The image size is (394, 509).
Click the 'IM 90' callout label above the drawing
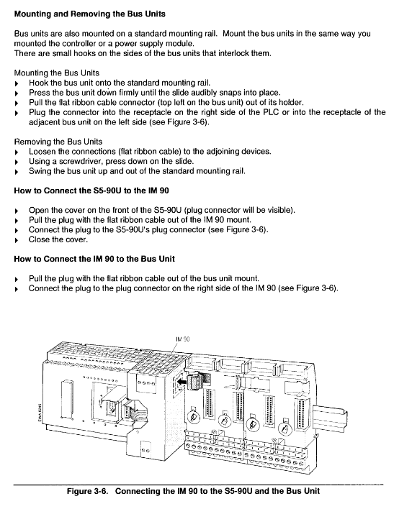tap(183, 339)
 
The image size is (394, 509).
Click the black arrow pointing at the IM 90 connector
tap(183, 382)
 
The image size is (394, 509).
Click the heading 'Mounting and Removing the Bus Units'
tap(89, 14)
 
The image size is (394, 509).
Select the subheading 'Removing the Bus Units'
tap(58, 142)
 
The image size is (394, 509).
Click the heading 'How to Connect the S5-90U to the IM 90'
tap(91, 191)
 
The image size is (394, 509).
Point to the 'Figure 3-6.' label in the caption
tap(87, 491)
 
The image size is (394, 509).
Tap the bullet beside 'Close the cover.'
tap(17, 241)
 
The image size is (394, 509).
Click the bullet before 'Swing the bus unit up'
tap(17, 172)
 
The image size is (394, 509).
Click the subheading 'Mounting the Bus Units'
tap(57, 73)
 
